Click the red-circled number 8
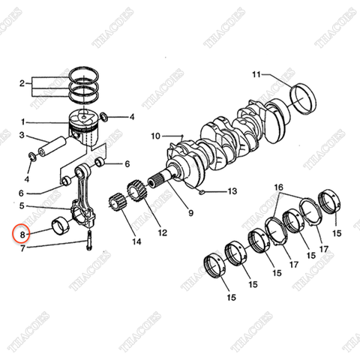coord(22,235)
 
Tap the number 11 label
coord(256,74)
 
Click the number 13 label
coord(232,191)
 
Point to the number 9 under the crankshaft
coord(190,214)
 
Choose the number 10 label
coord(155,136)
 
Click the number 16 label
coord(278,186)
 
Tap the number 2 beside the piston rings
coord(22,82)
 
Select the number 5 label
coord(22,205)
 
